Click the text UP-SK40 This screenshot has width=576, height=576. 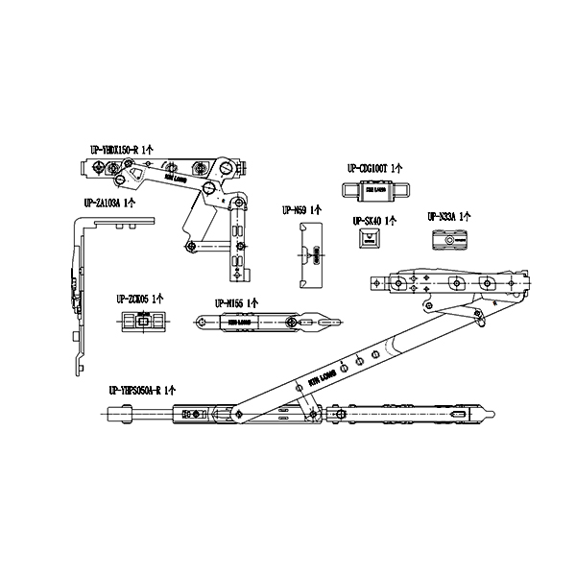pos(368,221)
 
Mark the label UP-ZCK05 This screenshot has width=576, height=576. pos(135,298)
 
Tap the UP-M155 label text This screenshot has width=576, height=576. pos(232,303)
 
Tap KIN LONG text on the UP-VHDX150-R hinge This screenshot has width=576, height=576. pos(176,178)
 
